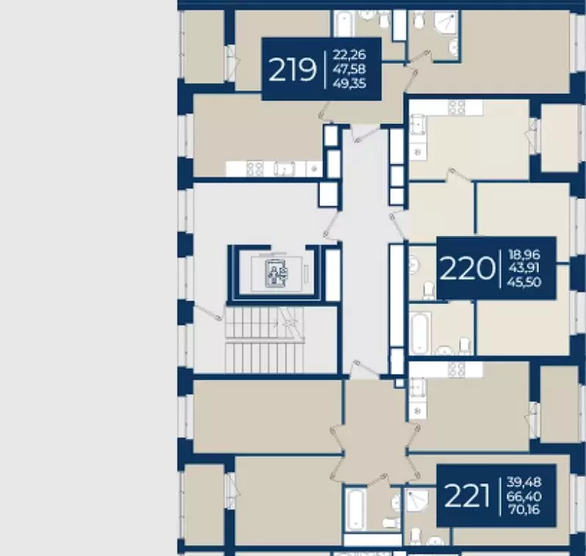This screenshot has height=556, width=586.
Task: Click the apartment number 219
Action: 292,70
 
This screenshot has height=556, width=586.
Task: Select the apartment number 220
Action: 467,268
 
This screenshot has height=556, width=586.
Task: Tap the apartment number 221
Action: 467,496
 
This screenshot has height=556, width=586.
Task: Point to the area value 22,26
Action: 349,54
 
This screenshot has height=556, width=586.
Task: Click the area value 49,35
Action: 349,84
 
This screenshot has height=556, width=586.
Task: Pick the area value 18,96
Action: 524,255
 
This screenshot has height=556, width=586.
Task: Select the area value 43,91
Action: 524,268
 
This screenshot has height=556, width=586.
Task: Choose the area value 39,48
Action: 524,482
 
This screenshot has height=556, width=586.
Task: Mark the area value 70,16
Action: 524,509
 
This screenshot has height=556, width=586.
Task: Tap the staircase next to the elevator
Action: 264,339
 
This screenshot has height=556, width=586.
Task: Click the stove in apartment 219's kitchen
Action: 255,169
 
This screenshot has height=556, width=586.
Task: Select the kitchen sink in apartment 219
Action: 284,169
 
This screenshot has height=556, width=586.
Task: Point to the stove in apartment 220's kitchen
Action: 457,108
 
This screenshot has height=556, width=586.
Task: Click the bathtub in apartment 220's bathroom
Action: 421,333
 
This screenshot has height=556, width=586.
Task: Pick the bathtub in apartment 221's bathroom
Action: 355,509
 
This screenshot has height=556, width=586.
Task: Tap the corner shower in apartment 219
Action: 446,23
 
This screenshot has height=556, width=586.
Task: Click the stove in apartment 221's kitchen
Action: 457,369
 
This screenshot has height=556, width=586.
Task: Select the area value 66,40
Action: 524,497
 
